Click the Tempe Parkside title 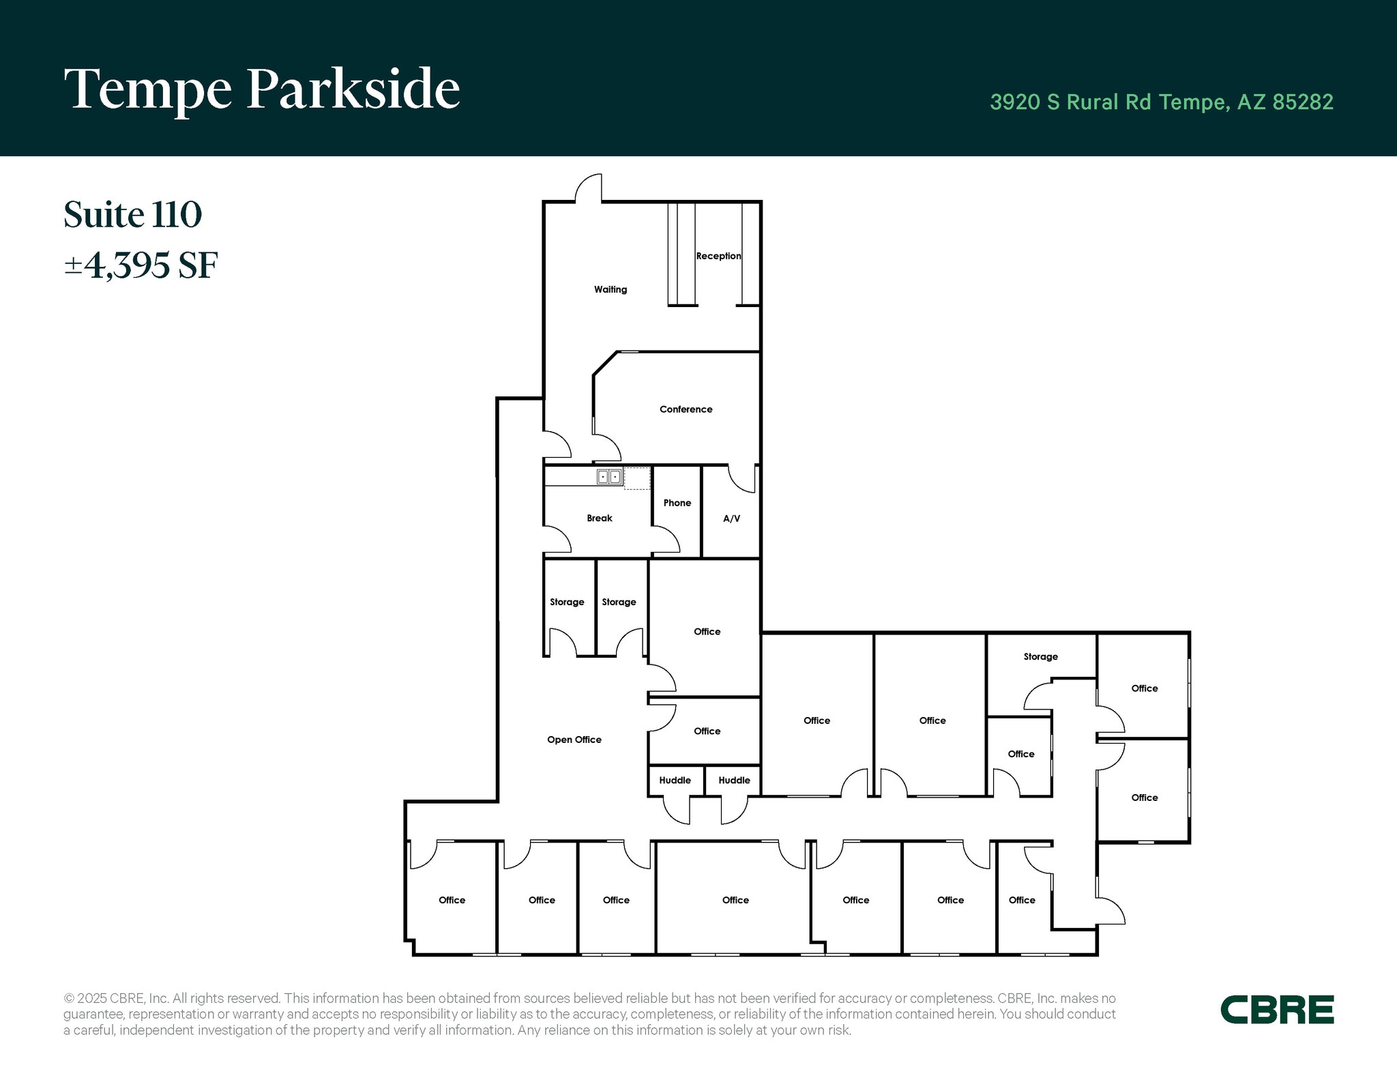[x=262, y=90]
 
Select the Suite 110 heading [x=133, y=214]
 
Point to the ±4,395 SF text [x=141, y=265]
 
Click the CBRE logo [x=1277, y=1010]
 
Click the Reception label [x=718, y=256]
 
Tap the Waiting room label [x=610, y=289]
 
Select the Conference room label [x=686, y=409]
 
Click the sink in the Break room [x=608, y=477]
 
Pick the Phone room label [x=677, y=503]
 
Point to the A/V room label [x=731, y=519]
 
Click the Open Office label [x=574, y=740]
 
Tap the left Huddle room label [x=675, y=780]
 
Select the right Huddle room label [x=734, y=780]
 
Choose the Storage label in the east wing [x=1040, y=656]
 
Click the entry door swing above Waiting [x=589, y=188]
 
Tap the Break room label [x=599, y=519]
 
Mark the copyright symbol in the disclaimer [x=69, y=998]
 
